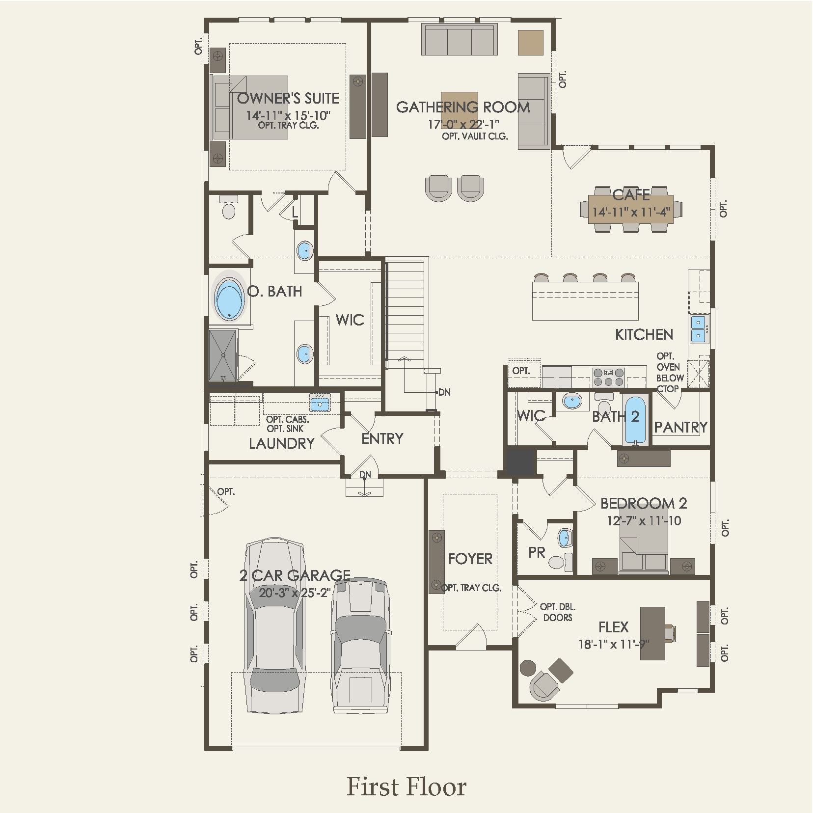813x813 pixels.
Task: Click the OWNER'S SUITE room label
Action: point(288,99)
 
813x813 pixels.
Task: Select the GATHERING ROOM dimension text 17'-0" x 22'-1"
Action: point(463,124)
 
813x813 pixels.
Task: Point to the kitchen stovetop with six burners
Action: point(608,377)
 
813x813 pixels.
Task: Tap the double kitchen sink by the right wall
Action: point(698,329)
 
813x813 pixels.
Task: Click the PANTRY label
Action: point(680,427)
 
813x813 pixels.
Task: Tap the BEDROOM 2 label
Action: point(643,503)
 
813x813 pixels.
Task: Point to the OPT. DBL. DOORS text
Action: point(557,612)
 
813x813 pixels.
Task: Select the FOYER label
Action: point(470,559)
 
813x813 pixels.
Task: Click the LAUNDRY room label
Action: point(281,443)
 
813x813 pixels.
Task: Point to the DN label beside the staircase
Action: point(444,392)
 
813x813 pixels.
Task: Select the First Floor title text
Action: point(406,786)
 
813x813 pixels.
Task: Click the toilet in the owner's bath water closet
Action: point(228,208)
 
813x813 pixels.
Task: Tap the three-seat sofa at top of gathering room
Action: point(459,41)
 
